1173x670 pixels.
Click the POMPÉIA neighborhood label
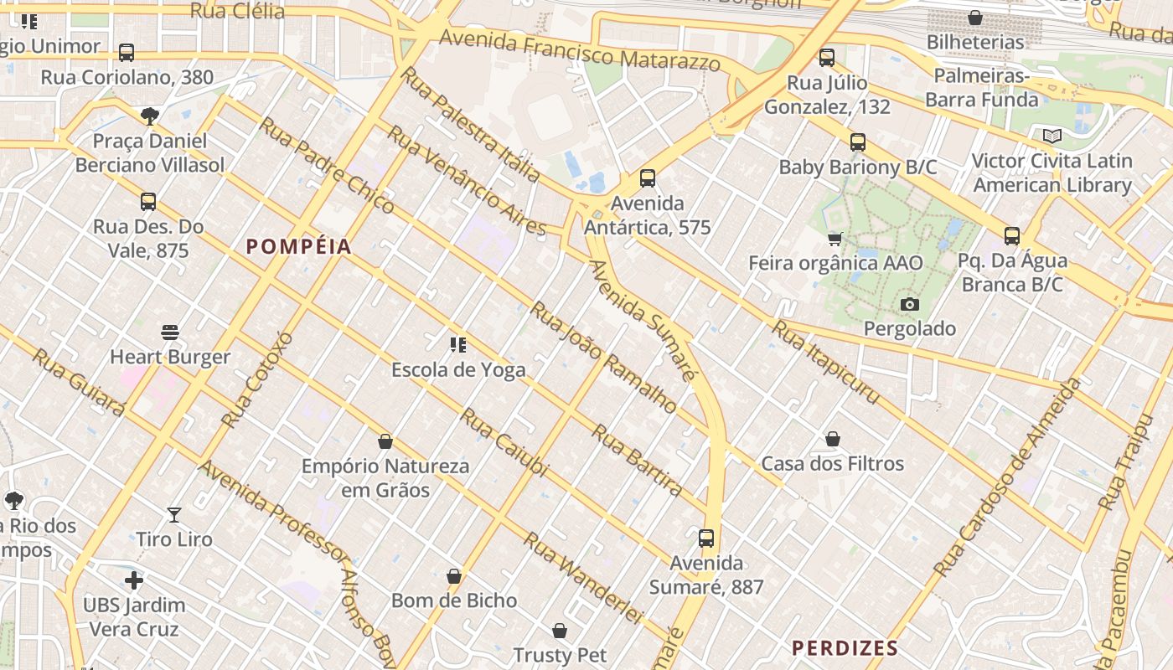click(x=298, y=246)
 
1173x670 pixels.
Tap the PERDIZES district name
click(x=845, y=647)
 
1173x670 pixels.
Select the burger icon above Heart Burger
click(x=170, y=332)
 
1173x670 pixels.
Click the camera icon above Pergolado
click(x=909, y=304)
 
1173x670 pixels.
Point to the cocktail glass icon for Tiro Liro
click(x=174, y=514)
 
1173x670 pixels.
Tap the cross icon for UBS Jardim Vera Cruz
click(x=134, y=580)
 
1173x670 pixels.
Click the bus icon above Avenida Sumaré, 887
click(x=706, y=538)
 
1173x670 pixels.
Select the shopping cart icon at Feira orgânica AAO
click(x=835, y=240)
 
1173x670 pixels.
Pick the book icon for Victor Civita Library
click(x=1052, y=136)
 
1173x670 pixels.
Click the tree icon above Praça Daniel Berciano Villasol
click(x=150, y=116)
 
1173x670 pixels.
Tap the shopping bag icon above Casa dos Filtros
click(x=832, y=439)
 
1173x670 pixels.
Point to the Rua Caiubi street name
click(x=504, y=442)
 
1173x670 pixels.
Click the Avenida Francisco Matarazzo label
click(x=579, y=49)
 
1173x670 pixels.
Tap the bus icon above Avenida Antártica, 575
click(x=647, y=178)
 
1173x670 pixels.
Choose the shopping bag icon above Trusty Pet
click(x=560, y=630)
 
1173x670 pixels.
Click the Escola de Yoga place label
click(x=458, y=369)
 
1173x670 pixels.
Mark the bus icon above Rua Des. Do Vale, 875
click(x=148, y=201)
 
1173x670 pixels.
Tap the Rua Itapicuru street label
click(x=824, y=362)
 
